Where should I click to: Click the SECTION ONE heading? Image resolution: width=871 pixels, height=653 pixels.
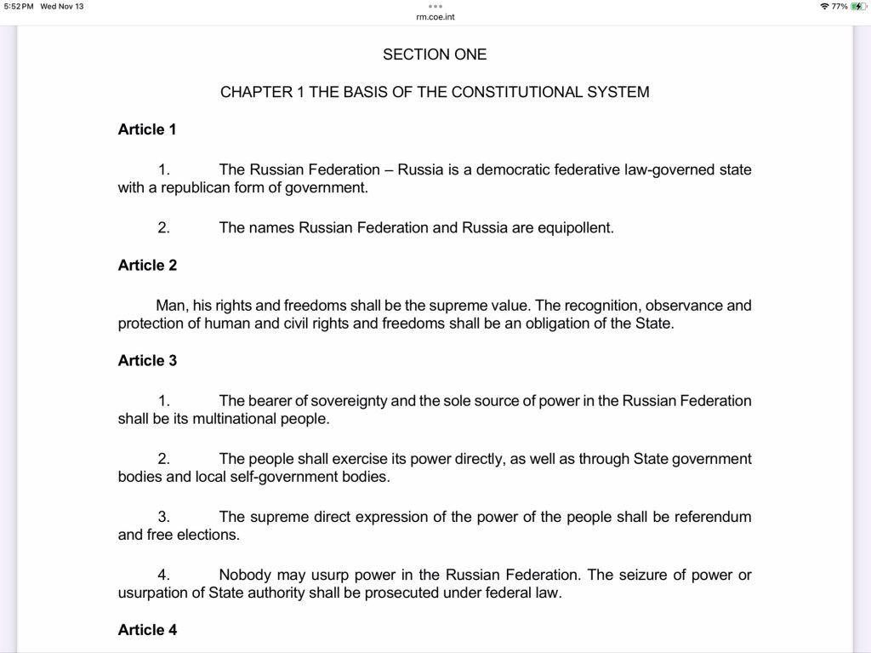435,54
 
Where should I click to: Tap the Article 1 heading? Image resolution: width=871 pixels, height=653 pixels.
147,129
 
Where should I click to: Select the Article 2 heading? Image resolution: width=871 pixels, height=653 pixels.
147,265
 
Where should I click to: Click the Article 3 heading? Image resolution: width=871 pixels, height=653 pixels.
147,360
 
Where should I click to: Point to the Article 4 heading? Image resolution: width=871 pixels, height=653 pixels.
147,630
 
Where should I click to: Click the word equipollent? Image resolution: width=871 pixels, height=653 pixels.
575,228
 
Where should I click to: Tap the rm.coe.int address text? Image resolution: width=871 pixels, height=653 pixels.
435,16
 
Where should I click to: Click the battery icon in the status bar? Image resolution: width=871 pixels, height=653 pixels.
859,7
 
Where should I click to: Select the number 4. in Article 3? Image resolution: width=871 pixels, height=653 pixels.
164,575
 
